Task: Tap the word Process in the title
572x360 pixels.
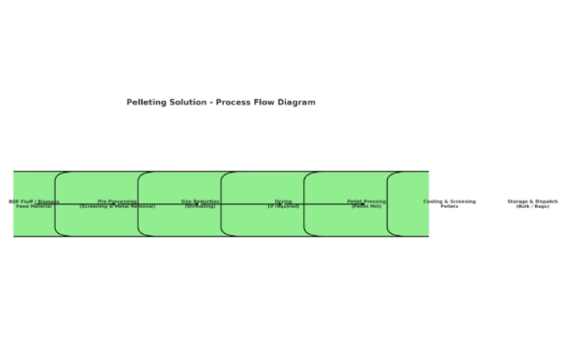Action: click(x=235, y=103)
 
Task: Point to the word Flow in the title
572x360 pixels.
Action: click(x=268, y=103)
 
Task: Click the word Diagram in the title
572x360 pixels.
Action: click(x=299, y=103)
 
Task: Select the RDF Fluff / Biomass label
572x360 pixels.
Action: click(x=34, y=202)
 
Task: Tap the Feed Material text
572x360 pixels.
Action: click(x=34, y=206)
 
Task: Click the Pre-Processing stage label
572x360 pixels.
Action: click(x=117, y=202)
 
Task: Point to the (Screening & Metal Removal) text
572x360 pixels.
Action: click(x=117, y=206)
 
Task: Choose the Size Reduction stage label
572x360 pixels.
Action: click(x=200, y=202)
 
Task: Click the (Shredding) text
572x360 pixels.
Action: click(x=200, y=206)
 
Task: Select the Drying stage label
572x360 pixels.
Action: click(x=283, y=202)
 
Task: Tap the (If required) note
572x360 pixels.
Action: click(x=283, y=206)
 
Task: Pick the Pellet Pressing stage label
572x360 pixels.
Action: click(x=366, y=202)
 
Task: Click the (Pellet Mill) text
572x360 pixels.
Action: click(x=366, y=206)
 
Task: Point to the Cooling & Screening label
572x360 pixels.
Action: click(x=450, y=202)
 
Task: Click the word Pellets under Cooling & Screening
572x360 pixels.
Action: click(x=450, y=206)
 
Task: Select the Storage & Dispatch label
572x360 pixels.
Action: click(x=532, y=202)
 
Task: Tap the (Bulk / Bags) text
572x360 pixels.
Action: click(x=532, y=206)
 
